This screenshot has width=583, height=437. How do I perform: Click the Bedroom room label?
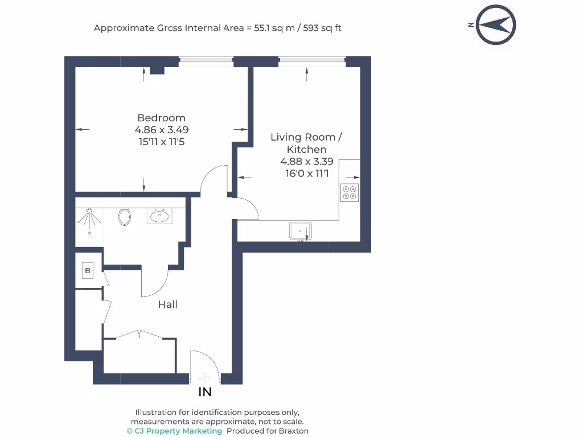[161, 118]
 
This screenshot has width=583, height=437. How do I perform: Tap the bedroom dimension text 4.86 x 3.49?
[161, 130]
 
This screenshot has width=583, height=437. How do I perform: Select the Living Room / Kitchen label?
[306, 143]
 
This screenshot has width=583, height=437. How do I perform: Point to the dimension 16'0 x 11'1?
[307, 174]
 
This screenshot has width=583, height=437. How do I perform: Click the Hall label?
[168, 304]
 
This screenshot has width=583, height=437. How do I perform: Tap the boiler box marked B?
[88, 270]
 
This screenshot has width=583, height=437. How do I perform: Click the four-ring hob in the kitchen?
[350, 192]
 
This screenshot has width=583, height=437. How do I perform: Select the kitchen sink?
[301, 231]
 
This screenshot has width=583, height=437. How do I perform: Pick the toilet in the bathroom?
[125, 217]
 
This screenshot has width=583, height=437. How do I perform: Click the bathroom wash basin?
[159, 216]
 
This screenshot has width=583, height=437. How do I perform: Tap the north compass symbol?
[495, 25]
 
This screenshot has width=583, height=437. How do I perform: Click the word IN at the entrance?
[205, 391]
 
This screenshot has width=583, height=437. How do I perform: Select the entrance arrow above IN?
[204, 378]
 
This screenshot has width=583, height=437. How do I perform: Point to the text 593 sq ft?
[322, 28]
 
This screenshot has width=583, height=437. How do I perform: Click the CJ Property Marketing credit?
[174, 431]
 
